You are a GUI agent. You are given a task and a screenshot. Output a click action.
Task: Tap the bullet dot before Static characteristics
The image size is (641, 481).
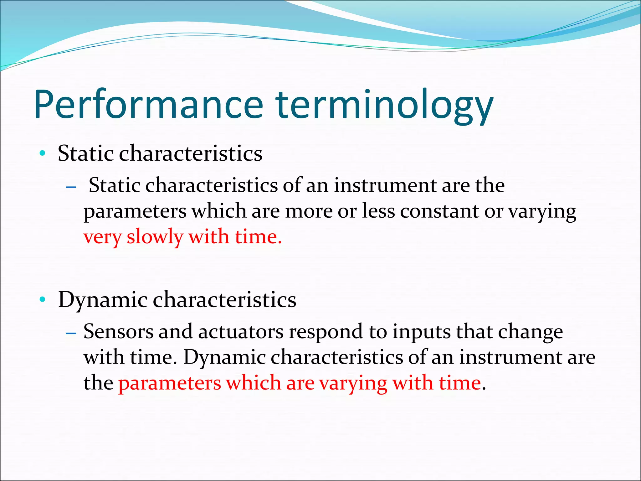[43, 154]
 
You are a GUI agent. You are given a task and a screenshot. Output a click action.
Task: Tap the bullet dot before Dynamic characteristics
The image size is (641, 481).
[43, 300]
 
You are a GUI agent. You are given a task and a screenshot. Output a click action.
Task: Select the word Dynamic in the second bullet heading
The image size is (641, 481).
[103, 300]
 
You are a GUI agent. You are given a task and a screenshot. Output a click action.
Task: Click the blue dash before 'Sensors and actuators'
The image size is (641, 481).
[71, 334]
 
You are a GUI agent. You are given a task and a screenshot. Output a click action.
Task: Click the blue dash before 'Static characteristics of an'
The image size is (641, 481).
[71, 187]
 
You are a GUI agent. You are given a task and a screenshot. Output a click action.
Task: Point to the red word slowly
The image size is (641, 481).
[155, 237]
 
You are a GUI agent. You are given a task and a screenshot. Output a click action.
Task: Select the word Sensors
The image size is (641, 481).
[118, 332]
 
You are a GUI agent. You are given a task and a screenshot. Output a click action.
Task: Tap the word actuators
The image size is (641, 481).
[241, 332]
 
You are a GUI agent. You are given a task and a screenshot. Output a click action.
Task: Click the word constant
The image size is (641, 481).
[439, 211]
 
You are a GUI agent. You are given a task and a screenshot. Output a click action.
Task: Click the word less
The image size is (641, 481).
[378, 211]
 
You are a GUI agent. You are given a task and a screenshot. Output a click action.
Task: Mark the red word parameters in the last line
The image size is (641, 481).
[170, 384]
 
